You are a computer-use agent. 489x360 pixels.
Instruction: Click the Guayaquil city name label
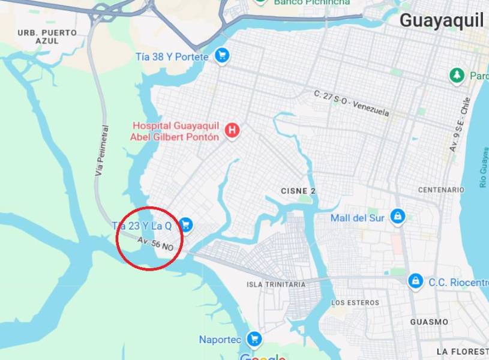click(441, 20)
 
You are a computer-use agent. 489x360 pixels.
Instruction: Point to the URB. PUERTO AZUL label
click(47, 37)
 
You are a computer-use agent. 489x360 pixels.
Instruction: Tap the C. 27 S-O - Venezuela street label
click(351, 103)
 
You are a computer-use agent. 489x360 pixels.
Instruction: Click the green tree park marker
click(457, 76)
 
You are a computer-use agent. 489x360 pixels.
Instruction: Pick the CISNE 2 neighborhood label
click(298, 191)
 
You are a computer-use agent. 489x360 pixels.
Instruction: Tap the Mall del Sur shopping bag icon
click(397, 217)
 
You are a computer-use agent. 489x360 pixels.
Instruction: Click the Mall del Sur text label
click(357, 218)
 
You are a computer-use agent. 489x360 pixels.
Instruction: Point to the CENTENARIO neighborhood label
click(441, 190)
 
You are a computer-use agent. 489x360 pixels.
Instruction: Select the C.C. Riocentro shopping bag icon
click(415, 280)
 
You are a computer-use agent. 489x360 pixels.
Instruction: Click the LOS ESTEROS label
click(355, 303)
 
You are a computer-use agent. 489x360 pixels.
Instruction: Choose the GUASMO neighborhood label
click(429, 322)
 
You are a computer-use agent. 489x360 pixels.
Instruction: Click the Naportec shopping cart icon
click(254, 339)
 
